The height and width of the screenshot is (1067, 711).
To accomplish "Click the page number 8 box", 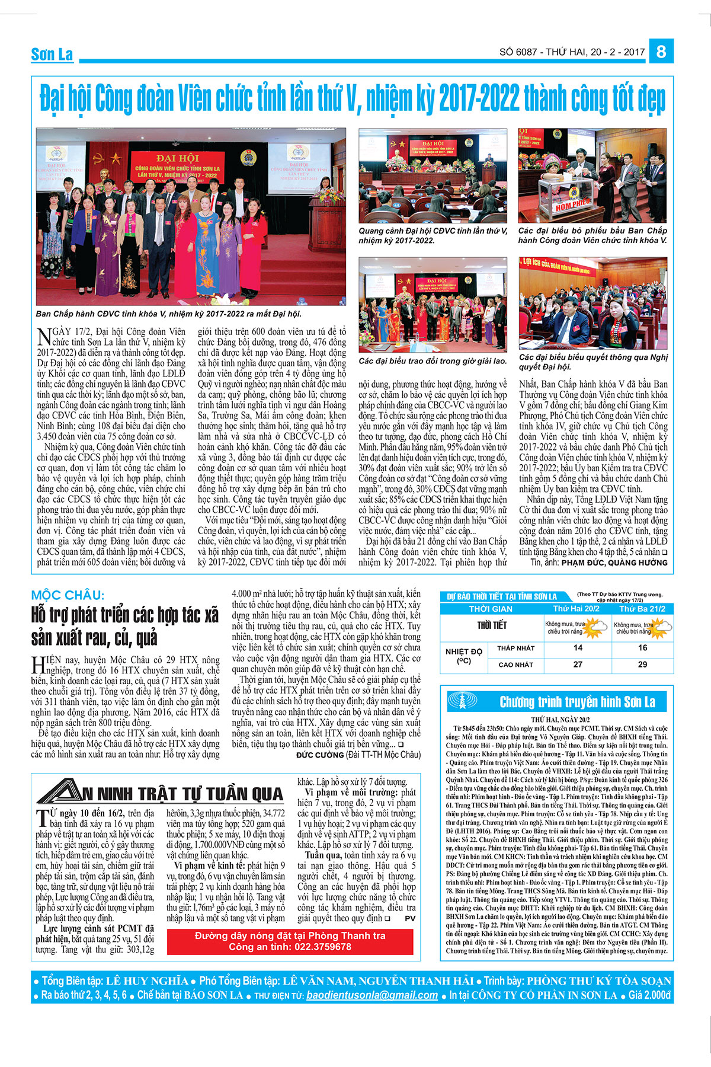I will (661, 52).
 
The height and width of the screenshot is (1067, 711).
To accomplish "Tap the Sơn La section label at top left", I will (52, 55).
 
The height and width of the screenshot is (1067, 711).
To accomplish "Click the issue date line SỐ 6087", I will (572, 52).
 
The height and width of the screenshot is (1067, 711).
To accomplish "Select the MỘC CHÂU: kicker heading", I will (68, 595).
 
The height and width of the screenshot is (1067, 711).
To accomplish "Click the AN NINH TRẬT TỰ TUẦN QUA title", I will (160, 794).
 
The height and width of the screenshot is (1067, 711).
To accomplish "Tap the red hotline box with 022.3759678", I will (290, 941).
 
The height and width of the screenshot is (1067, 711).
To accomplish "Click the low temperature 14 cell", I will (578, 648).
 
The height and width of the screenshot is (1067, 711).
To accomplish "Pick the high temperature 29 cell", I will (642, 665).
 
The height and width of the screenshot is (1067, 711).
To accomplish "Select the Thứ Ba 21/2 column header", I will (642, 609).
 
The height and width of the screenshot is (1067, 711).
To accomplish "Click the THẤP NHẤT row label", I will (515, 648).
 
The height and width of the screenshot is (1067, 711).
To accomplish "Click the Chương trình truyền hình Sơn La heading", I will (577, 702).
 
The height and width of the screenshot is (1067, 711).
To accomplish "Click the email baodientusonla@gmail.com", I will (372, 996).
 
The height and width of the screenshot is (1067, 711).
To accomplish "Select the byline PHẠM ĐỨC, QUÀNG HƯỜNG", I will (614, 563).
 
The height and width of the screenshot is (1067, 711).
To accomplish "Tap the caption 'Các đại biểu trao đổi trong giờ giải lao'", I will (433, 361).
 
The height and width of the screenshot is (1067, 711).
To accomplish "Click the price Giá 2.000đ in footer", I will (650, 996).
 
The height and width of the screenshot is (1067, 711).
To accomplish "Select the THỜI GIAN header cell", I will (491, 609).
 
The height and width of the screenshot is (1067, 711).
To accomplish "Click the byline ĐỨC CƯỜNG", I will (320, 755).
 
